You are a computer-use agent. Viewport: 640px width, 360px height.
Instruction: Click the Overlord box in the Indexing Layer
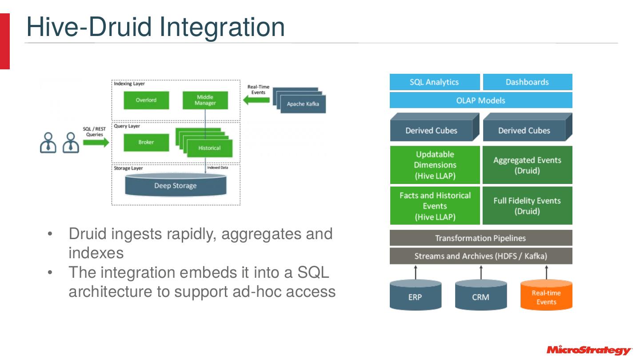tap(146, 100)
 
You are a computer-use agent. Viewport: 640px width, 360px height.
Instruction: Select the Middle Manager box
tap(205, 100)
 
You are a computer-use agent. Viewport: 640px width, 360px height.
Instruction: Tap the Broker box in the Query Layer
tap(146, 142)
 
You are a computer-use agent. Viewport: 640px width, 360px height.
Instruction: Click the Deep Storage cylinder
tap(176, 185)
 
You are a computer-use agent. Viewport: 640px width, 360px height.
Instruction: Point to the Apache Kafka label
tap(303, 104)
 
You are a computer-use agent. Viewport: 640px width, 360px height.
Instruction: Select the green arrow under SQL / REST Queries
tap(96, 143)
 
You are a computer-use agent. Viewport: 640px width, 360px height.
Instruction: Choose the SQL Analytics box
tap(434, 82)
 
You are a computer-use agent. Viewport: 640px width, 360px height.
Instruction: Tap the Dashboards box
tap(527, 82)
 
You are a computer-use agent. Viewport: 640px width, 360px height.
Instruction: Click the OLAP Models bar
tap(480, 100)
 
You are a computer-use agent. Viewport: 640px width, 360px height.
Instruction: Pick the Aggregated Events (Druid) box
tap(527, 165)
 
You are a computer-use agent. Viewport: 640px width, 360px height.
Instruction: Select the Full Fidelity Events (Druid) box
tap(527, 206)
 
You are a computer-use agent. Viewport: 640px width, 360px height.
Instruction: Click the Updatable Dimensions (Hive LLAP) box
tap(435, 165)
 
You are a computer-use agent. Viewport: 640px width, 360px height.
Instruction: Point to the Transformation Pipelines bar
tap(480, 238)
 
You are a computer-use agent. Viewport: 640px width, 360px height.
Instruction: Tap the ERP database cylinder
tap(415, 296)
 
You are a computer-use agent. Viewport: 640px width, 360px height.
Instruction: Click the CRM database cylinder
tap(480, 296)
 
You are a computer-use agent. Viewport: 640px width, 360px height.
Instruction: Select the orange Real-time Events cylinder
tap(546, 296)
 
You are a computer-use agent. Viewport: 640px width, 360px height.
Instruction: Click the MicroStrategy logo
tap(588, 350)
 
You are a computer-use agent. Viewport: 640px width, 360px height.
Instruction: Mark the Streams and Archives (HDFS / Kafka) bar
tap(480, 256)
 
